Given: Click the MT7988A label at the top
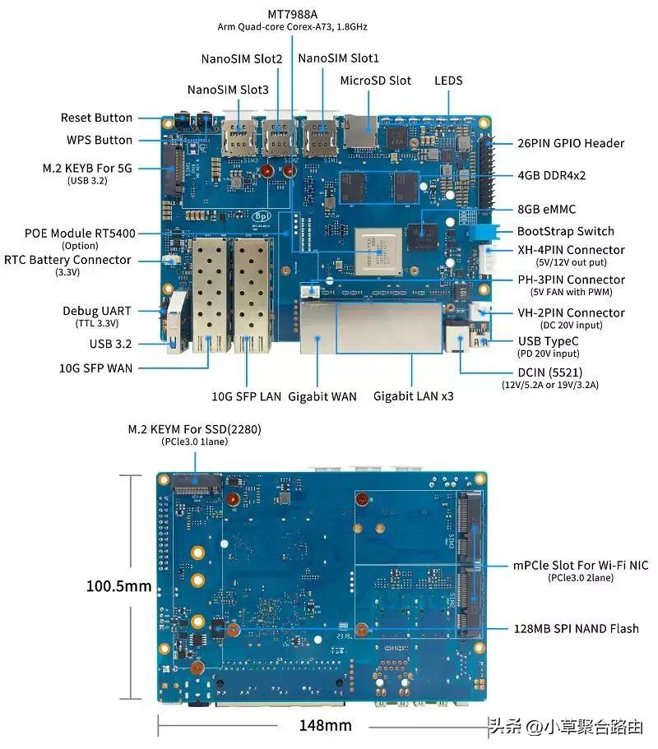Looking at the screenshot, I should pos(294,15).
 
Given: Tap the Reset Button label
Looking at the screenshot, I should pos(96,118).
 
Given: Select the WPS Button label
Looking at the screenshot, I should pos(99,140).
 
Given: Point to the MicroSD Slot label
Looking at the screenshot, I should pos(375,81).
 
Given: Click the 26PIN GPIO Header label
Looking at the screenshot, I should pos(571,143).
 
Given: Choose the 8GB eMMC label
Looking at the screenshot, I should pos(552,209).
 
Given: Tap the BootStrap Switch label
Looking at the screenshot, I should pos(565,231).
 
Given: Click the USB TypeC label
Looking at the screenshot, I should pos(549,341).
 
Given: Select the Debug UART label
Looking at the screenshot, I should pos(96,311).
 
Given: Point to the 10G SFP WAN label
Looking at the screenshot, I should pos(95,368).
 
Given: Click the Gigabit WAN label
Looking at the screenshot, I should pos(322,396).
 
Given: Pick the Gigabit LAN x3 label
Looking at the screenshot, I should pos(414,396).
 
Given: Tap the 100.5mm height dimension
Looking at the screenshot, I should pos(119,586).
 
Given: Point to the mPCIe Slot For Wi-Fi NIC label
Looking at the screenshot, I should pos(581,566).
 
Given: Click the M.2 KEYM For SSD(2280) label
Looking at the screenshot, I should pos(194,429).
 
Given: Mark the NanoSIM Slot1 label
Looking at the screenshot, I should pos(339,58).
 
